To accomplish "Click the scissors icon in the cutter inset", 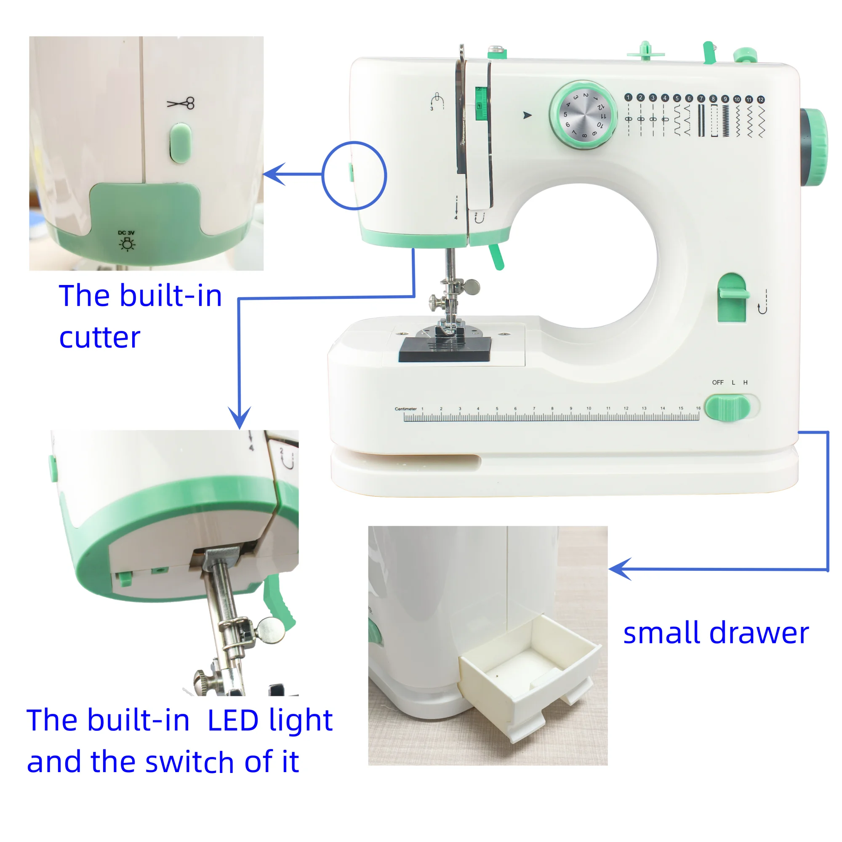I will [x=181, y=104].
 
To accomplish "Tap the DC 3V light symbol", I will [x=127, y=245].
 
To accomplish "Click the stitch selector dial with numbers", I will [x=583, y=115].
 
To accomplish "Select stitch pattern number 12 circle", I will [x=760, y=100].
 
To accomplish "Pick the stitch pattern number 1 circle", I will [x=628, y=98].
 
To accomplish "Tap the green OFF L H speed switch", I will [x=727, y=408].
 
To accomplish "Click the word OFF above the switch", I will [x=717, y=383].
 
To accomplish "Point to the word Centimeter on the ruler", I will [x=405, y=409].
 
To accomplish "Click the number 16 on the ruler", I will [x=698, y=408].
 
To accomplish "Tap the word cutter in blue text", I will [x=100, y=338].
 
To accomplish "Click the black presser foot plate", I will [x=445, y=349].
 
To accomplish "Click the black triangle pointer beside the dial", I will [x=528, y=115].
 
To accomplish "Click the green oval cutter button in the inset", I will [x=181, y=143].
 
